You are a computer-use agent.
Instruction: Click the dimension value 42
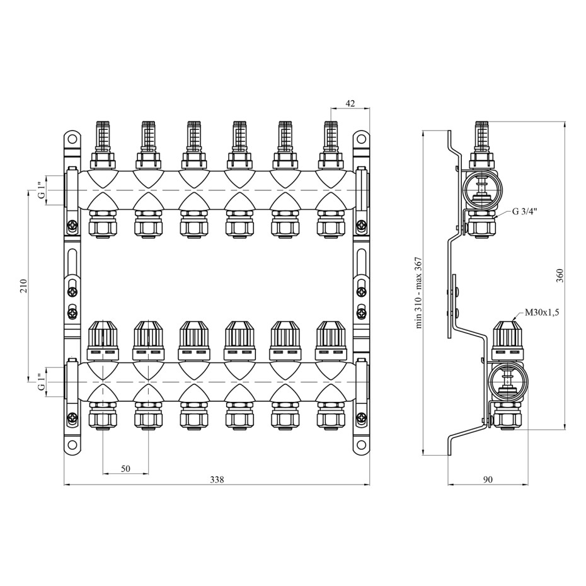click(x=350, y=103)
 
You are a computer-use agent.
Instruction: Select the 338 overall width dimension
click(x=217, y=479)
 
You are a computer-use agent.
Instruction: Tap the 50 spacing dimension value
click(x=125, y=468)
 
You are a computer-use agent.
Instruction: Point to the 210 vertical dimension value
click(x=23, y=286)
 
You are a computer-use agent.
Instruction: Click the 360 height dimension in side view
click(x=560, y=275)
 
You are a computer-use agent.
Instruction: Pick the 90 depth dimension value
click(x=488, y=479)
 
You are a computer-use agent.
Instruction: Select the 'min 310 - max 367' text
click(x=418, y=292)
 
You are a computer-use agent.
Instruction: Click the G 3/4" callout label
click(x=524, y=212)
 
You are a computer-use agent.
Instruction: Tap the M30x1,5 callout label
click(x=542, y=313)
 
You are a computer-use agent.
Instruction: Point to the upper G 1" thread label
click(x=42, y=190)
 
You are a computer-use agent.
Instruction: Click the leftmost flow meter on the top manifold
click(x=103, y=146)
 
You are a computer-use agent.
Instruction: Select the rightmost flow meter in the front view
click(x=330, y=146)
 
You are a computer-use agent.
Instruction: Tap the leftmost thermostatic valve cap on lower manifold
click(x=103, y=340)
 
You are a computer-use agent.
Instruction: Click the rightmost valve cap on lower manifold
click(x=331, y=340)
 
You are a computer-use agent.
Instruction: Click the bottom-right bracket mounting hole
click(x=360, y=445)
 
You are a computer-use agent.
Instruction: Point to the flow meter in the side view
click(x=483, y=146)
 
